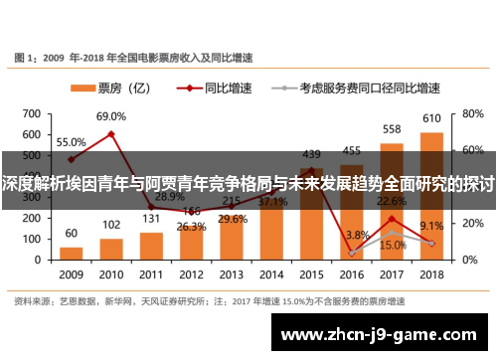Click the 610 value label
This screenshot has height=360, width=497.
[x=432, y=118]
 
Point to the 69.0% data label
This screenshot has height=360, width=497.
[x=111, y=117]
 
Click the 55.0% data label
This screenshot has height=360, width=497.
[x=70, y=142]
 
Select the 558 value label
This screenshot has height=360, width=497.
[x=392, y=129]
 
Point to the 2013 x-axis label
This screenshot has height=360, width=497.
[x=232, y=273]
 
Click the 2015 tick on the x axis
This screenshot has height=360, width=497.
[x=311, y=273]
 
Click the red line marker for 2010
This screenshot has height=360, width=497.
[x=111, y=134]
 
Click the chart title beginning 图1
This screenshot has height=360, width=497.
[x=137, y=57]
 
